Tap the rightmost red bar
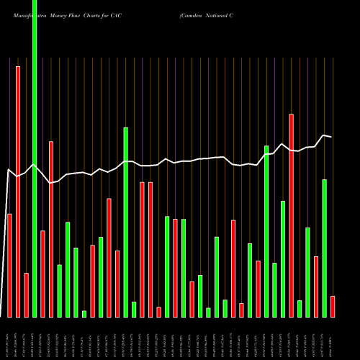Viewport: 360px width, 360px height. click(x=333, y=306)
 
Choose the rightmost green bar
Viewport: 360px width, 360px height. click(x=325, y=248)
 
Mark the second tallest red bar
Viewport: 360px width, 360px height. click(x=292, y=215)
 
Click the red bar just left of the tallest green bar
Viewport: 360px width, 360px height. click(x=26, y=295)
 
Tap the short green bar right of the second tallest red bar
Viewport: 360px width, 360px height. click(x=300, y=309)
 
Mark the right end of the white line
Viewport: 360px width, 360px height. click(x=331, y=137)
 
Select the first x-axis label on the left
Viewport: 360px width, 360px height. click(x=9, y=338)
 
